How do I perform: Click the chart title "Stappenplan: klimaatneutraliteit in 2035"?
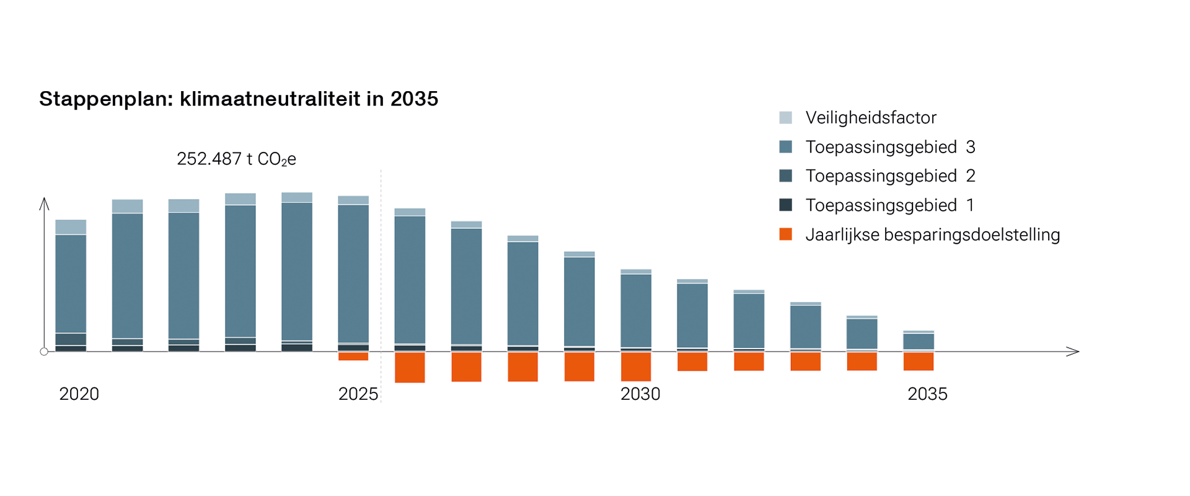tap(239, 99)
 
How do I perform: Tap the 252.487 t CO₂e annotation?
tap(236, 159)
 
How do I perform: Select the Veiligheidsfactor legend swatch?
tap(785, 118)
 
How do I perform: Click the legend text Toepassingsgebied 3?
tap(890, 147)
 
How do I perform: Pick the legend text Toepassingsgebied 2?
tap(890, 176)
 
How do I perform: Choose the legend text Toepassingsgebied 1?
tap(889, 205)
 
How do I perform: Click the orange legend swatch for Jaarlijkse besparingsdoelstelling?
tap(785, 234)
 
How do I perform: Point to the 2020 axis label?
tap(79, 394)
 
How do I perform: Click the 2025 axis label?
tap(358, 394)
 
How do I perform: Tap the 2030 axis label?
tap(640, 394)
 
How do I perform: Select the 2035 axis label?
tap(927, 394)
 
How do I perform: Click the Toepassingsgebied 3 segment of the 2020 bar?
tap(71, 284)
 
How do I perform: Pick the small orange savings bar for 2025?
tap(353, 356)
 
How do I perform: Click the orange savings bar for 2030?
tap(636, 366)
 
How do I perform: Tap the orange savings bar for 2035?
tap(919, 361)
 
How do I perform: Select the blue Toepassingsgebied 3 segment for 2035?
tap(919, 342)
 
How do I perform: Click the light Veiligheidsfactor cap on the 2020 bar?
tap(71, 227)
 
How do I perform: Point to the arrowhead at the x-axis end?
tap(1074, 352)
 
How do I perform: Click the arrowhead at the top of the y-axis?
tap(44, 203)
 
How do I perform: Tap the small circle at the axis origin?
tap(44, 352)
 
